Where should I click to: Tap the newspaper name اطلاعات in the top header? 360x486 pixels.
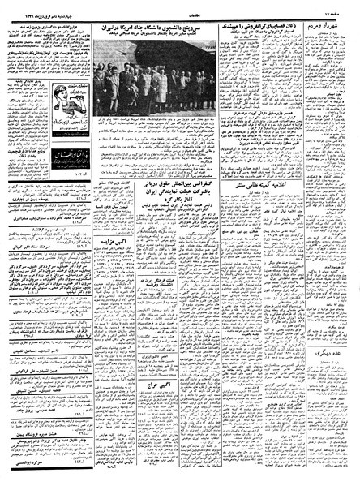tap(180, 11)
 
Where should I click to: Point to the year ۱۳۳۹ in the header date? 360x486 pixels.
tap(24, 11)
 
